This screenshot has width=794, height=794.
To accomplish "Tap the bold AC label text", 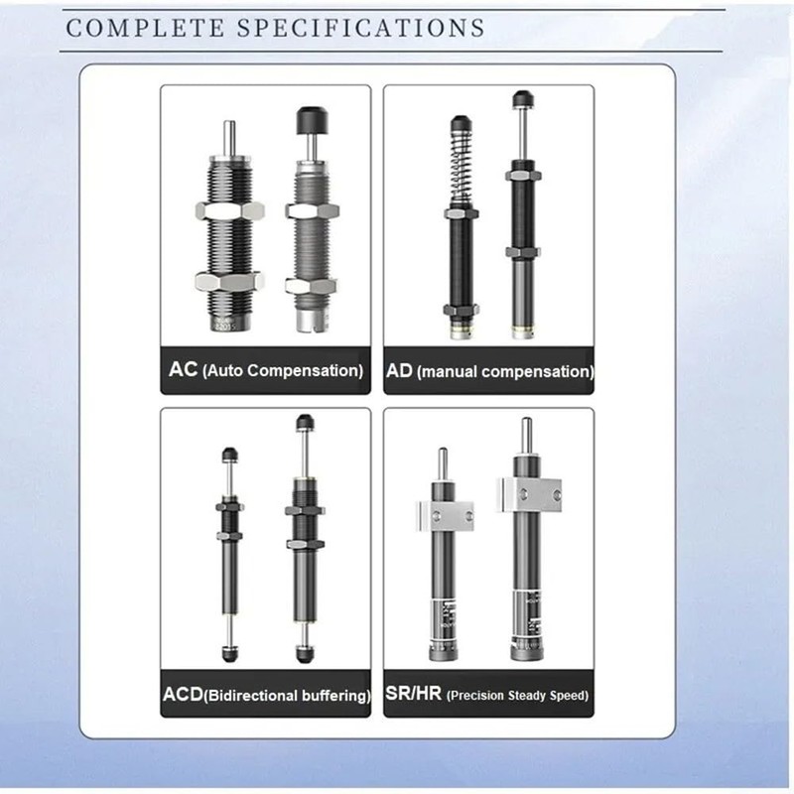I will click(184, 370).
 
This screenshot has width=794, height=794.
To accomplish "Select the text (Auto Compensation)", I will click(282, 371).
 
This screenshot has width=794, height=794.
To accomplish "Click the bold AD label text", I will click(400, 371).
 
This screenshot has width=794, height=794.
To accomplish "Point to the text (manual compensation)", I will click(504, 372).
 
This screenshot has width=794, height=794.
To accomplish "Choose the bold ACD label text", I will click(183, 695).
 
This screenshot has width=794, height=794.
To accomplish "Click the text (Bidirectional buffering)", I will click(288, 696).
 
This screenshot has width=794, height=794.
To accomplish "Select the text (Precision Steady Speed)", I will click(517, 696).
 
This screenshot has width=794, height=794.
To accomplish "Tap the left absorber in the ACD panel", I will click(230, 556).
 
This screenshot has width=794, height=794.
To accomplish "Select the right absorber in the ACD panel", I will click(304, 541).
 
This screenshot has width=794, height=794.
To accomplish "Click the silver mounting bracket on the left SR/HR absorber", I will click(444, 514).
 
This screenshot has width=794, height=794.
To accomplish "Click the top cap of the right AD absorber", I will click(521, 99).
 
